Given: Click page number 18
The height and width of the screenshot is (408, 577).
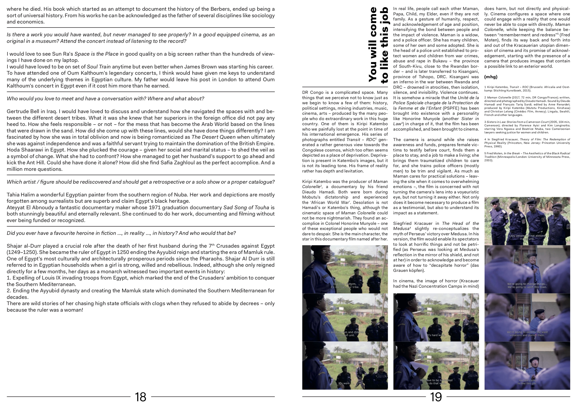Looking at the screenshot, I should click(140, 397).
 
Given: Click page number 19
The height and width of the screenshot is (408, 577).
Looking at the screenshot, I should click(436, 397).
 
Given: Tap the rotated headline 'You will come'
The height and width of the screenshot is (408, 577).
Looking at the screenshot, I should click(373, 44).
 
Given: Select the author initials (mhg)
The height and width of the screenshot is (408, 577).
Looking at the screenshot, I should click(491, 77).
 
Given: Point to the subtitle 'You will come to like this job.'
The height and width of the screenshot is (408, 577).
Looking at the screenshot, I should click(527, 382).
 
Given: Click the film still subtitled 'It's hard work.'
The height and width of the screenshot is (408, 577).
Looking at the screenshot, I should click(436, 317).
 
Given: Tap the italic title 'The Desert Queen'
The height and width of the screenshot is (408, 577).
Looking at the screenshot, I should click(213, 137).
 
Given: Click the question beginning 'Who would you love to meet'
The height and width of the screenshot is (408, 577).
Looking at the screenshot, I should click(105, 98).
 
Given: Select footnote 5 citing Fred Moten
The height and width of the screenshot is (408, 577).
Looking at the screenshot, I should click(527, 157).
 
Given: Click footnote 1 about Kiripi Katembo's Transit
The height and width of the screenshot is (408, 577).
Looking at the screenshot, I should click(527, 89).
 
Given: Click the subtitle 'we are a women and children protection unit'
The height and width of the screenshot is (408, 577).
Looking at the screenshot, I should click(345, 334).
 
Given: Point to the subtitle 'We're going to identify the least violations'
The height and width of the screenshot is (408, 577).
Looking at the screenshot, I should click(527, 334).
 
